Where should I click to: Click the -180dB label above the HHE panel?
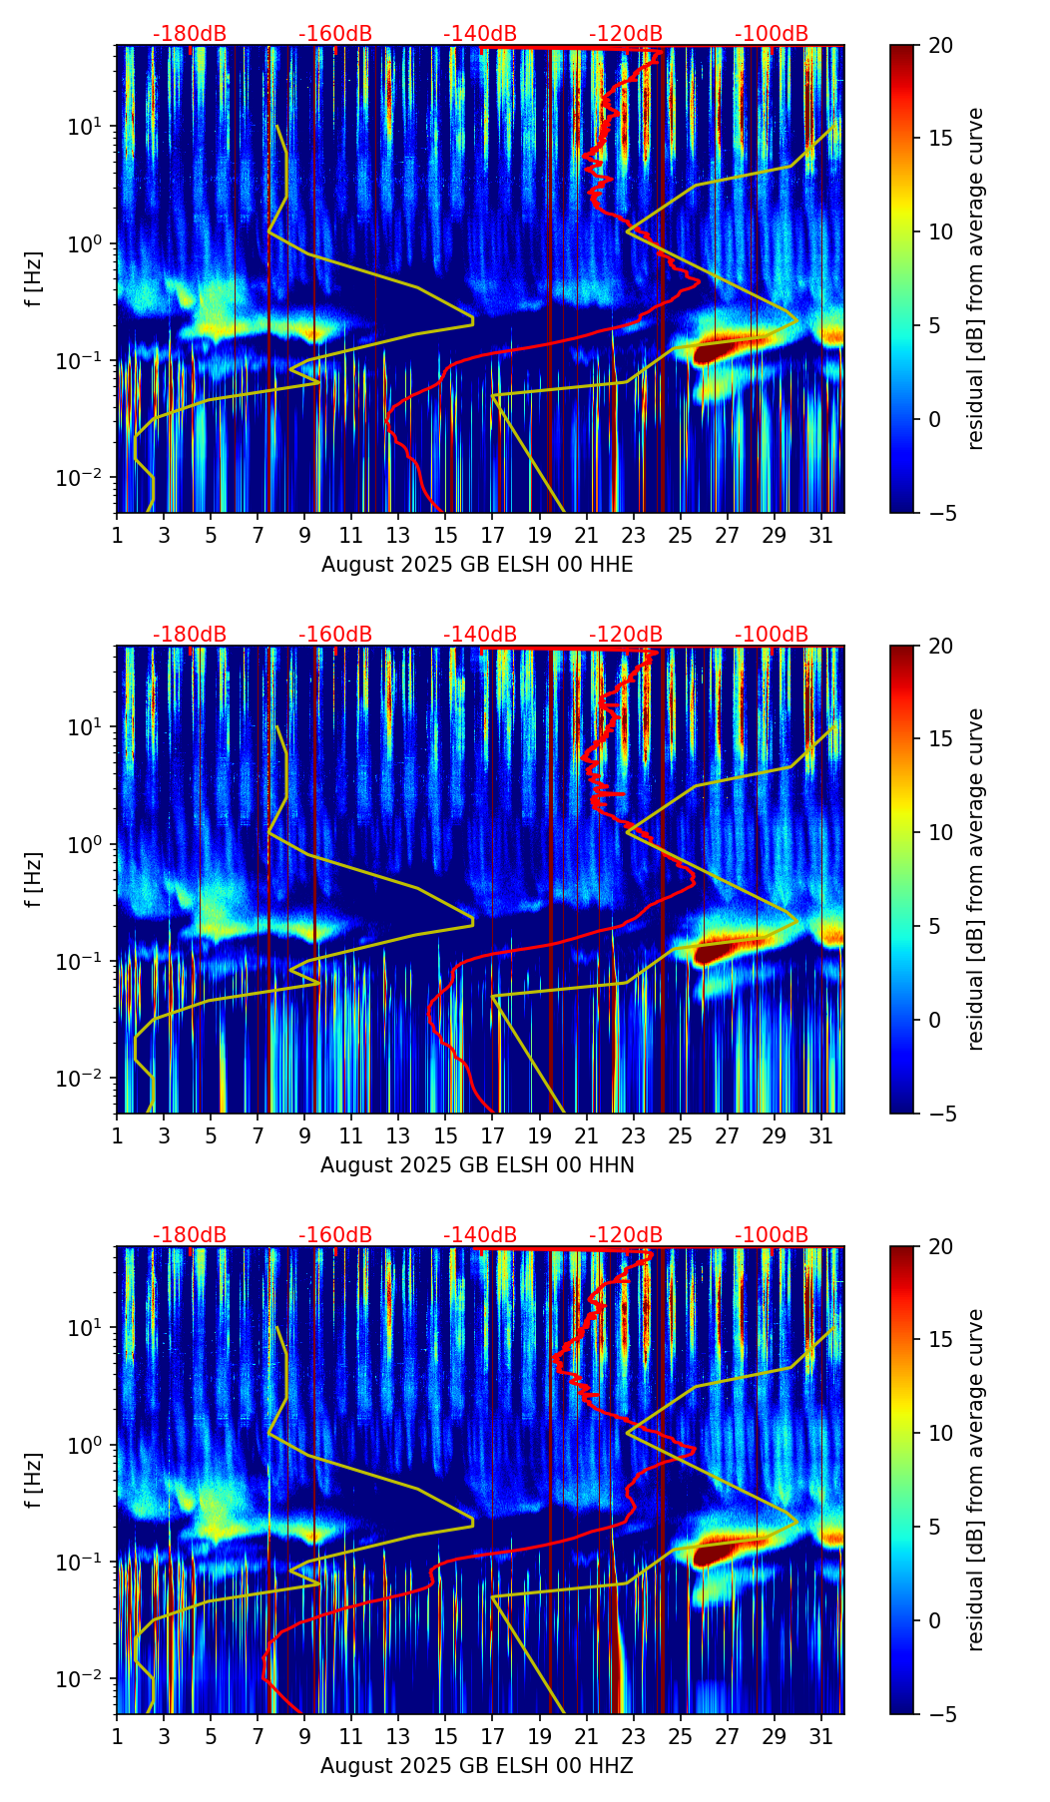190,34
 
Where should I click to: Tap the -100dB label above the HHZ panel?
772,1235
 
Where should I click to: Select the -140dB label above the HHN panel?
480,635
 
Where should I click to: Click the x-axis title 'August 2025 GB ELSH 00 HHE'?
477,565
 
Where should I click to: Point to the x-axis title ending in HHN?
477,1165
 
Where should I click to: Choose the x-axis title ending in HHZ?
477,1766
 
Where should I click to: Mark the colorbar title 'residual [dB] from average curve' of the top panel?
976,278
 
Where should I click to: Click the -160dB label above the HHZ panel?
335,1235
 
